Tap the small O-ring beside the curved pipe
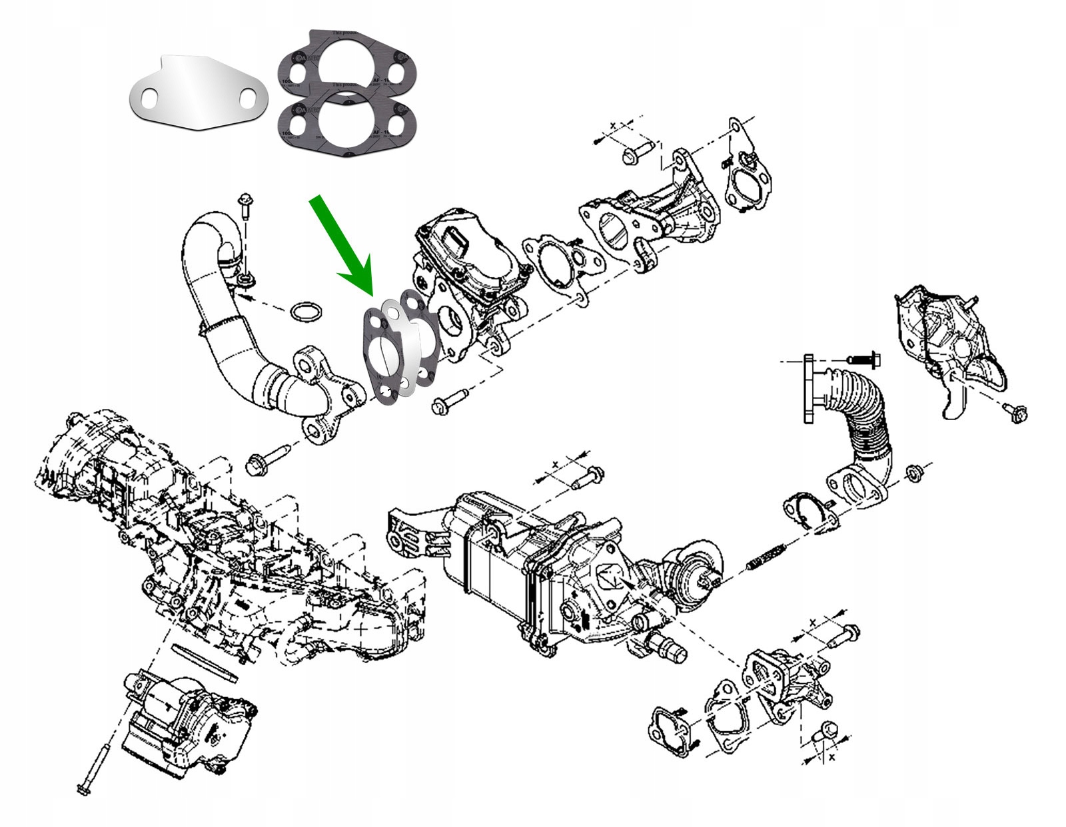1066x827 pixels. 307,311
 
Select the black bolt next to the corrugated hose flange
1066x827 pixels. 865,360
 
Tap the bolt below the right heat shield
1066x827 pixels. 1016,413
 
